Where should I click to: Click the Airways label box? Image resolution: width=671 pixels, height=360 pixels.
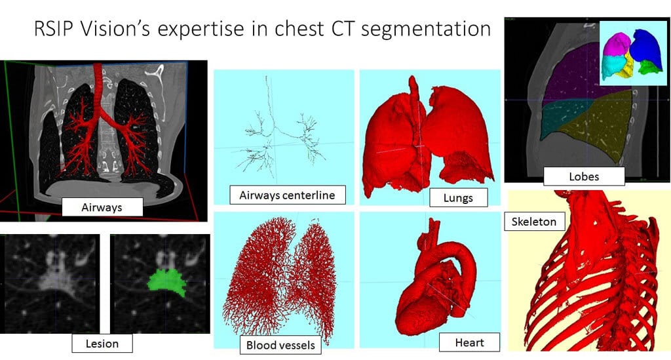click(x=102, y=207)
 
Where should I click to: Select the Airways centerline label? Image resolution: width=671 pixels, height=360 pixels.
click(x=287, y=195)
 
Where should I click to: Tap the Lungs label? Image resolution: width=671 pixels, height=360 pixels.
click(x=458, y=198)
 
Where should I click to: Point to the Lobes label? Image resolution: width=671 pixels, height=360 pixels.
click(x=584, y=176)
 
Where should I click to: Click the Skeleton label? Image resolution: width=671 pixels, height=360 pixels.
click(x=534, y=222)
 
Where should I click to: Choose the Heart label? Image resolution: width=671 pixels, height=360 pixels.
click(x=469, y=342)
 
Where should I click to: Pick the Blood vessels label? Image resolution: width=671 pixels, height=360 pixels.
click(x=280, y=345)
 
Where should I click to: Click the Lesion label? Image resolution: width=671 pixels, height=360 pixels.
click(x=102, y=344)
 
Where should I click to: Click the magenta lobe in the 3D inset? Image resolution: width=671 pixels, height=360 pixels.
click(x=615, y=44)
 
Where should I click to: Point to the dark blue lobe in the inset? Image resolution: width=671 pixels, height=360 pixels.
click(x=646, y=46)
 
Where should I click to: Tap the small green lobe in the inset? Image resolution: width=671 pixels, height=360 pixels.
click(x=651, y=68)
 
